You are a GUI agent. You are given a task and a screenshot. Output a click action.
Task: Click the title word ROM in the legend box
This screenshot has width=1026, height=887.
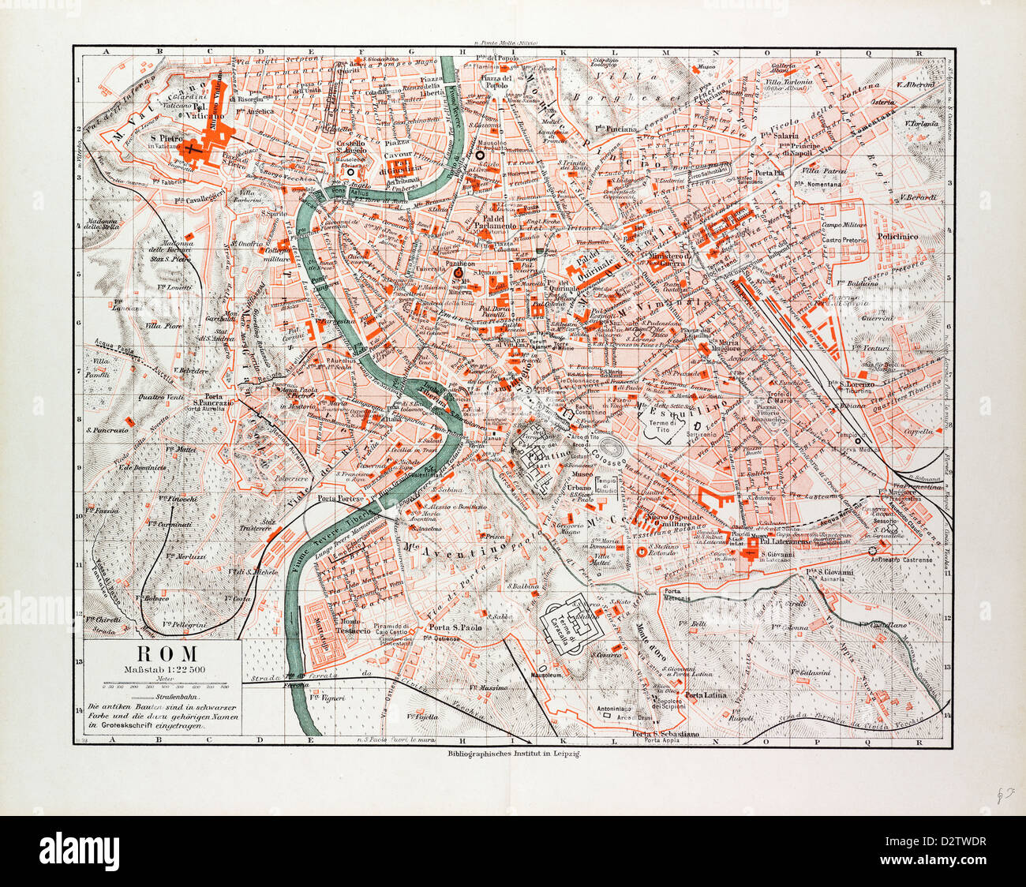[164, 654]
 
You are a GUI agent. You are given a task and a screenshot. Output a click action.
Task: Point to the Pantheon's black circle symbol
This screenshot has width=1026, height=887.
[458, 274]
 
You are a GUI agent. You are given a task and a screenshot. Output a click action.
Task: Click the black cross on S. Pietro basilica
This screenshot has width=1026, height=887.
[187, 147]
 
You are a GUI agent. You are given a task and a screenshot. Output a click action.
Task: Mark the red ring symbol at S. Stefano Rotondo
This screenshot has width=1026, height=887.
[642, 552]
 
